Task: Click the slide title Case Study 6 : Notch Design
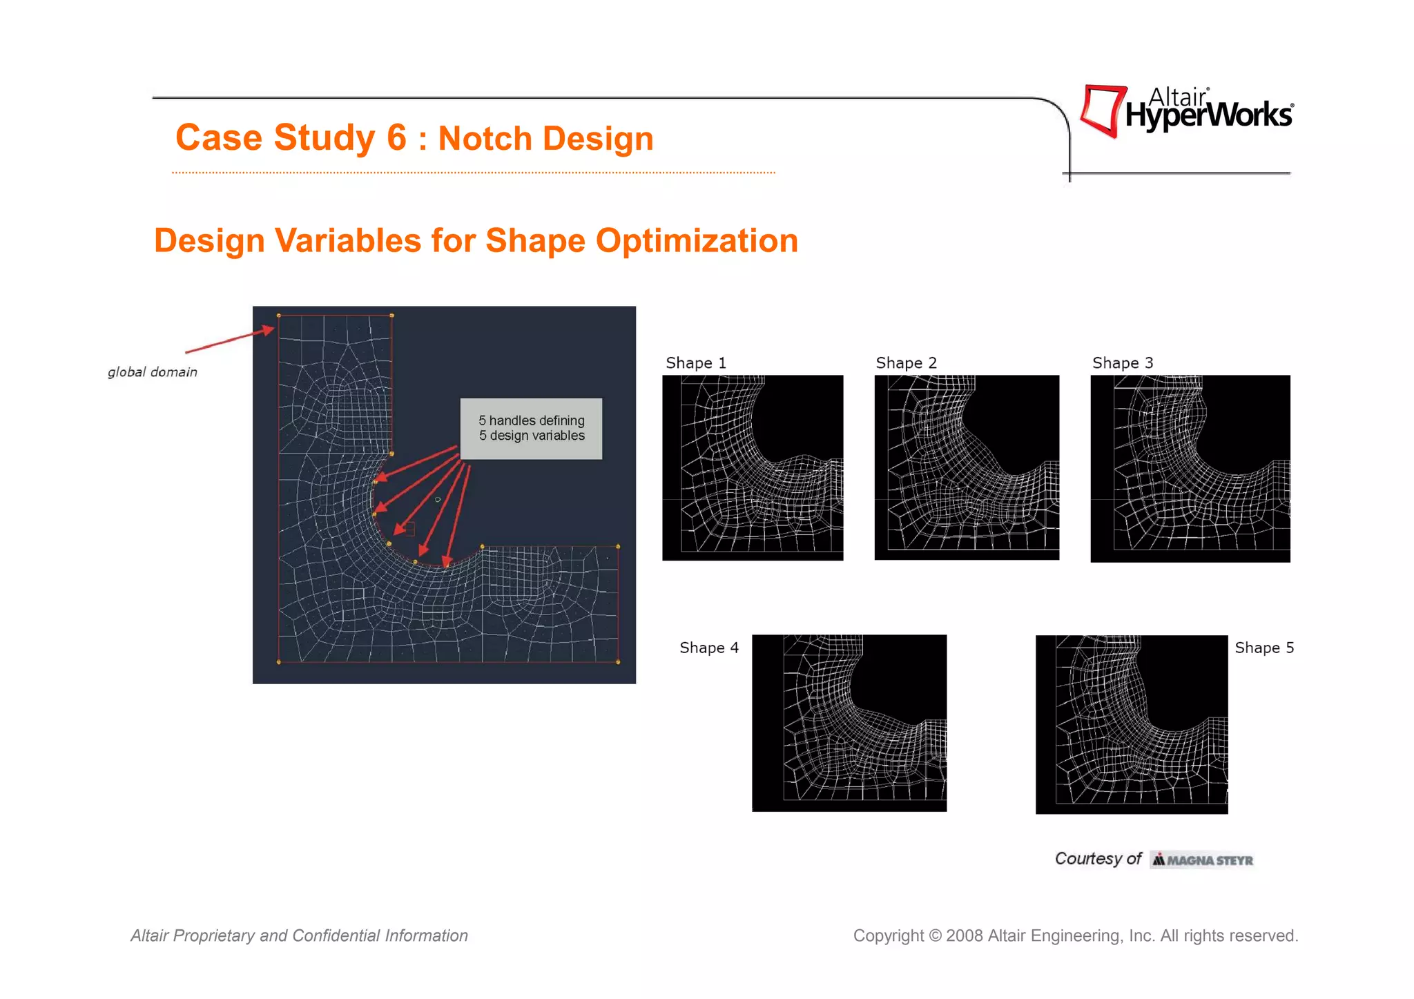(414, 137)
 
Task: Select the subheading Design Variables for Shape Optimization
(476, 240)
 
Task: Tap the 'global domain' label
(153, 372)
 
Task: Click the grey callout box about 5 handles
(531, 429)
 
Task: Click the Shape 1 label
(696, 363)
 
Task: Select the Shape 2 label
(906, 363)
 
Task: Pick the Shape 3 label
(1123, 363)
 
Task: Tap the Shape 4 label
(709, 648)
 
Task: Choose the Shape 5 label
(1264, 648)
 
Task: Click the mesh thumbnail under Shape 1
(753, 467)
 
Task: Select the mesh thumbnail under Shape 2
(967, 467)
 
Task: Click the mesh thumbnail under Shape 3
(1190, 468)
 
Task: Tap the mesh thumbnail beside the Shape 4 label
(849, 723)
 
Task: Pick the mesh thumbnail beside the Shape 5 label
(1132, 724)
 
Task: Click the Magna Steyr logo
(1202, 860)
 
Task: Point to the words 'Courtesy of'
(1098, 858)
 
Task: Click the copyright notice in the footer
(1076, 935)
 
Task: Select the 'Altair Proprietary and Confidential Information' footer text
(299, 935)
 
